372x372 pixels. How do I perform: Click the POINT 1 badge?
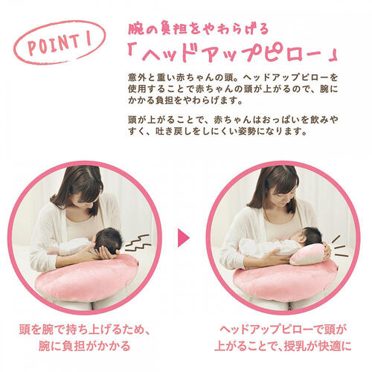(57, 45)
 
